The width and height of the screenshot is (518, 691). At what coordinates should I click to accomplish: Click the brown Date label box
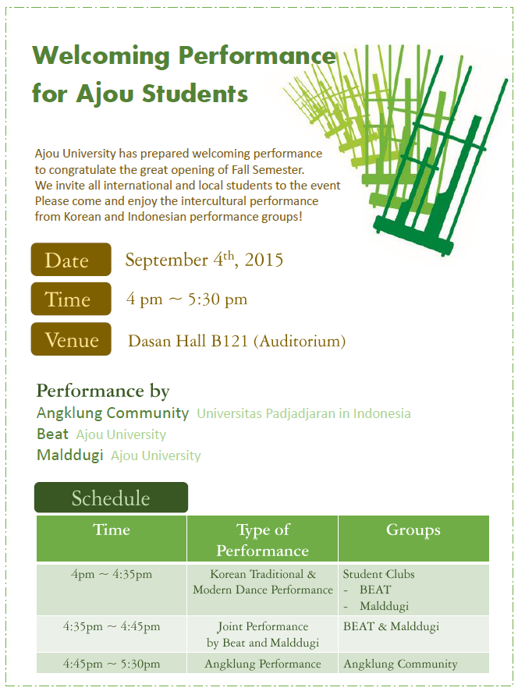(x=71, y=260)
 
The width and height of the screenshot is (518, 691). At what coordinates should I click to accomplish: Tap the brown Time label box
(x=71, y=299)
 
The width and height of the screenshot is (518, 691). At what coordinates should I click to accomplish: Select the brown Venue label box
(x=71, y=339)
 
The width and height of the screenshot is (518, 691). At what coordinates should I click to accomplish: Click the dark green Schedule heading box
(x=111, y=498)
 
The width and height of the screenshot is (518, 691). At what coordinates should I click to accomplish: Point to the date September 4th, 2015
(x=204, y=260)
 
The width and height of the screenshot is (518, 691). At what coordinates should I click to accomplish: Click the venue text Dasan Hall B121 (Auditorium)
(x=236, y=341)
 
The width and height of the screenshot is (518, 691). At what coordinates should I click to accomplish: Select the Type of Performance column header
(x=263, y=540)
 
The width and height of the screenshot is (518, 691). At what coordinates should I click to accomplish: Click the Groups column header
(x=413, y=530)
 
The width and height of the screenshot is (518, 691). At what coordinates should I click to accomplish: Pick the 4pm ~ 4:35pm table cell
(x=112, y=575)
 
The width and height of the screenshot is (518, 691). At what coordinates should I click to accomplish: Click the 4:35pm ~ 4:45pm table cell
(x=112, y=626)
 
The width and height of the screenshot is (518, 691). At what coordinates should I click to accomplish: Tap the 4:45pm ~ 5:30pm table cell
(x=112, y=664)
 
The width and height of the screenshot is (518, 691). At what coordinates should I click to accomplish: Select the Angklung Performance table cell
(x=263, y=664)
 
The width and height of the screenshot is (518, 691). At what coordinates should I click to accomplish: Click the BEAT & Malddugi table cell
(x=391, y=626)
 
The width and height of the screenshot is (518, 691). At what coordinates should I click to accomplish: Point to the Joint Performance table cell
(x=263, y=634)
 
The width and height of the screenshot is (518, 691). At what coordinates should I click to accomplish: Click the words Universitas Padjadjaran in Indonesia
(x=303, y=413)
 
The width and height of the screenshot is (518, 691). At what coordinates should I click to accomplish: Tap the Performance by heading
(x=103, y=391)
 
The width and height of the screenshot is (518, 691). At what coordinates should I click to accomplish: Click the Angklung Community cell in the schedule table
(x=400, y=664)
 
